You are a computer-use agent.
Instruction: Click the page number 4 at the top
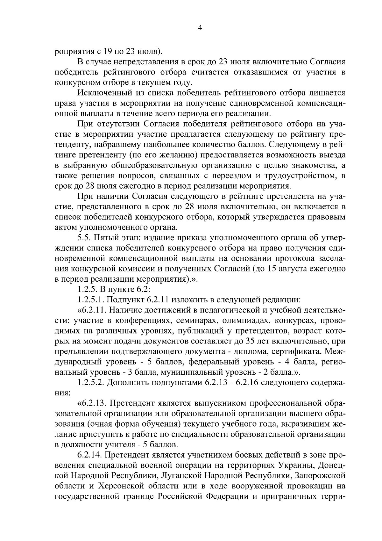click(200, 28)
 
